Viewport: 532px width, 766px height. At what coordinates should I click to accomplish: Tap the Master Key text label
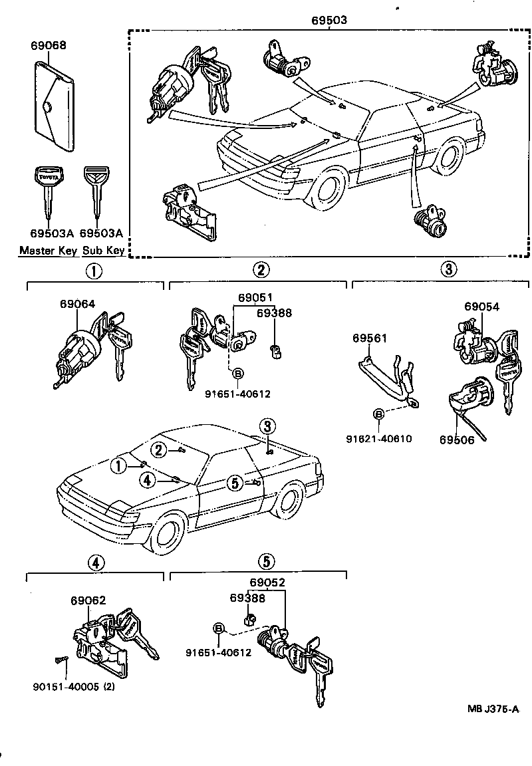49,251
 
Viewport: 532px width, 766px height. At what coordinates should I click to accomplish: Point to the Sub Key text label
103,251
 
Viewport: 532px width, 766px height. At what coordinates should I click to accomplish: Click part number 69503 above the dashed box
329,21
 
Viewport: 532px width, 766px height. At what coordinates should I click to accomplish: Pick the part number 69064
77,304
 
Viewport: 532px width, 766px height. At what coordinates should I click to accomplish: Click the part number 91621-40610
379,438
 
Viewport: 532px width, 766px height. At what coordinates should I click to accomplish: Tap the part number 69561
370,338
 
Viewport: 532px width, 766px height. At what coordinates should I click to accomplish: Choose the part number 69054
481,307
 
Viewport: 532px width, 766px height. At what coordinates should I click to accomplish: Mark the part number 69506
457,440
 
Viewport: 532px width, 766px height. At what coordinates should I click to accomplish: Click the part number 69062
88,600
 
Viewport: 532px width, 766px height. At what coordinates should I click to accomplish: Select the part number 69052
267,582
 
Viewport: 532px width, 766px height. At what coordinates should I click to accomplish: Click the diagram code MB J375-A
493,709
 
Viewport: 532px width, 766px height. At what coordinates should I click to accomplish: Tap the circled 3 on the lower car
267,426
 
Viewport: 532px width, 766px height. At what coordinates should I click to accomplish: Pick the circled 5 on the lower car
234,483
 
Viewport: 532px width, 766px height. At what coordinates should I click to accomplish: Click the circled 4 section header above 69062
96,563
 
